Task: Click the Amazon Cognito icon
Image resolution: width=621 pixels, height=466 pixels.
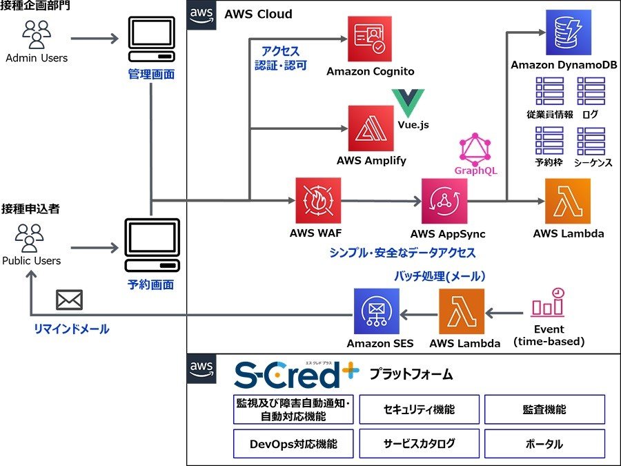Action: (x=370, y=39)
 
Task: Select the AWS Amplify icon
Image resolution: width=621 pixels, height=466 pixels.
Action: (x=371, y=128)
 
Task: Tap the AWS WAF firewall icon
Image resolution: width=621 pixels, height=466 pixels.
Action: (x=318, y=200)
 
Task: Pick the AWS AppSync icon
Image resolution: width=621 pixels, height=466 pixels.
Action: (x=444, y=201)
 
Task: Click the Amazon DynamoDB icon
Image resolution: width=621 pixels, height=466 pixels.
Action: (x=569, y=32)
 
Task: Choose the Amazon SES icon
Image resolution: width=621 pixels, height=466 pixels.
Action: (x=377, y=311)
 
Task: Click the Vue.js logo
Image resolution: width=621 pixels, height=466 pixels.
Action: (x=408, y=103)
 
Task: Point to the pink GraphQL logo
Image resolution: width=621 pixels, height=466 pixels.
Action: (x=475, y=149)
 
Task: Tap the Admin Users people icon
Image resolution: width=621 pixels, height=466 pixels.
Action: (x=37, y=34)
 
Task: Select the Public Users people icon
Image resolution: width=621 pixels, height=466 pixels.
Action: (x=29, y=238)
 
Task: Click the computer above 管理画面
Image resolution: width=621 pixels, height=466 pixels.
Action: (x=152, y=39)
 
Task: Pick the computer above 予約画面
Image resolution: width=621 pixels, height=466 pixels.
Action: (x=152, y=245)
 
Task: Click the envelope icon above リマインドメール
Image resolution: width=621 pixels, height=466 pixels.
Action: (x=69, y=300)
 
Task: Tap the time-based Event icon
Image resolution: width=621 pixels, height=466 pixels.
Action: (x=548, y=302)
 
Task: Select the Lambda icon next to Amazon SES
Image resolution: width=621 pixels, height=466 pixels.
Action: (x=462, y=311)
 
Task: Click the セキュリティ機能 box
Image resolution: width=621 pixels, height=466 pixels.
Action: (x=420, y=409)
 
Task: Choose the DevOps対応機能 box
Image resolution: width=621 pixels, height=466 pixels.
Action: (x=293, y=444)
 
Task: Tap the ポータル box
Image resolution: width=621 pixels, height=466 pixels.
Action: (x=544, y=444)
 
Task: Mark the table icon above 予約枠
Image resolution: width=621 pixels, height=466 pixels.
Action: (x=549, y=141)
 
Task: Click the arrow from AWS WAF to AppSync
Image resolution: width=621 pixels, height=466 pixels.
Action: (x=381, y=201)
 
